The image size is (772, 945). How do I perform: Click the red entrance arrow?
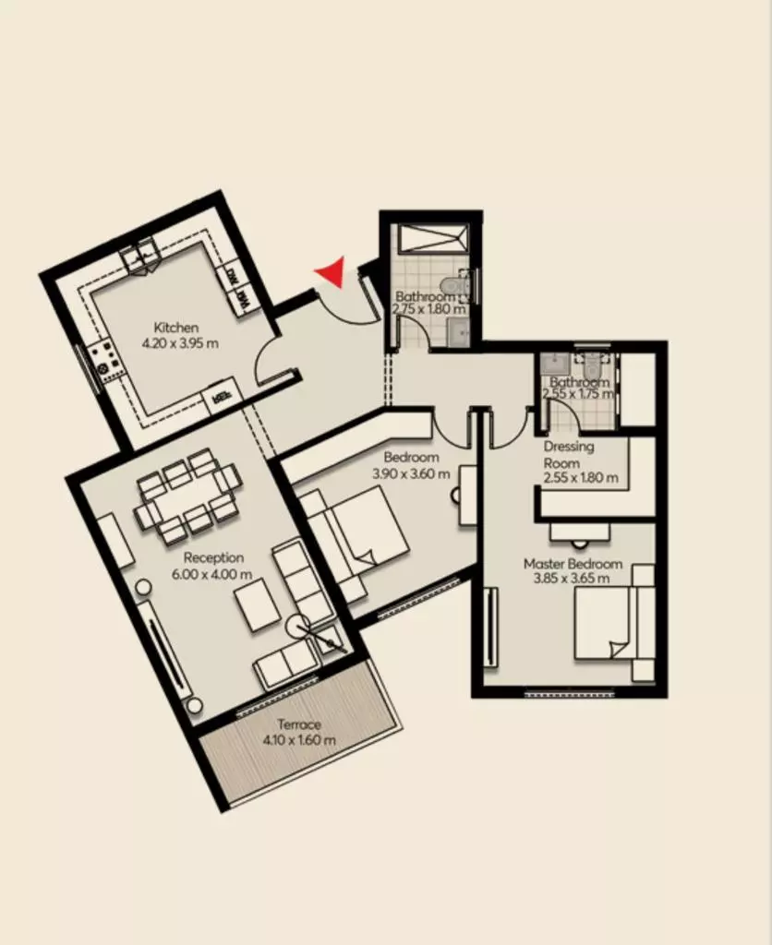(x=332, y=272)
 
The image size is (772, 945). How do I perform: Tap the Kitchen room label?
(x=176, y=328)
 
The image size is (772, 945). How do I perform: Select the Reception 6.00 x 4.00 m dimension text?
(x=211, y=574)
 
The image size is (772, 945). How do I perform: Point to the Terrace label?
(x=298, y=724)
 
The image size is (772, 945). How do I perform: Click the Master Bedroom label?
(x=573, y=564)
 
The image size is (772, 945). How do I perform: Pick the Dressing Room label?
(x=568, y=455)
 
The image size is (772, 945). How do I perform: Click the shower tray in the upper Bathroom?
(x=431, y=240)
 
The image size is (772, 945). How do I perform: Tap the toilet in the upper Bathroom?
(x=455, y=284)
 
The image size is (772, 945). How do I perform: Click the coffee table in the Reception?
(x=258, y=604)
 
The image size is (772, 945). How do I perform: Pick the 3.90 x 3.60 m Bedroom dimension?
(x=411, y=473)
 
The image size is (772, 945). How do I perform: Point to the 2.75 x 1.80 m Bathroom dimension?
(x=428, y=309)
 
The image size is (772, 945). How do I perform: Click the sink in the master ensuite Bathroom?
(x=554, y=363)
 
